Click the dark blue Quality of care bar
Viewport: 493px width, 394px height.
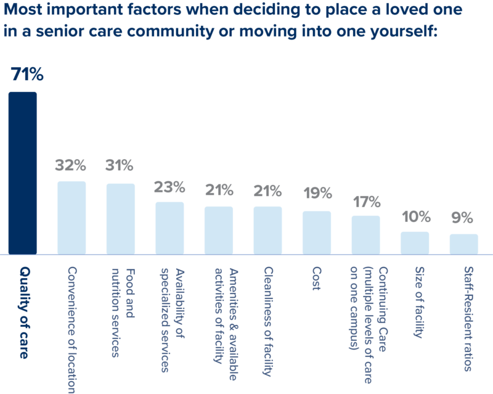click(23, 173)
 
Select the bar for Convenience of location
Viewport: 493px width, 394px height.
click(71, 217)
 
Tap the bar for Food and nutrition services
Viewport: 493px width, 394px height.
click(120, 218)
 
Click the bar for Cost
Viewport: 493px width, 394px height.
click(316, 232)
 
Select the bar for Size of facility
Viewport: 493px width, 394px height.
click(414, 242)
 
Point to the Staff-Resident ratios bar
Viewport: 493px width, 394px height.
click(463, 244)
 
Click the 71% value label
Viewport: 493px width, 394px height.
click(27, 75)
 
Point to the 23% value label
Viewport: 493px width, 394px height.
click(169, 186)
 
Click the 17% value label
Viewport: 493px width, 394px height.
click(367, 202)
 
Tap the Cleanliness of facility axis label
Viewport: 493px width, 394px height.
click(267, 321)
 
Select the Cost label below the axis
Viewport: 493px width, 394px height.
click(316, 279)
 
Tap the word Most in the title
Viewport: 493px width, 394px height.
click(28, 10)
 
